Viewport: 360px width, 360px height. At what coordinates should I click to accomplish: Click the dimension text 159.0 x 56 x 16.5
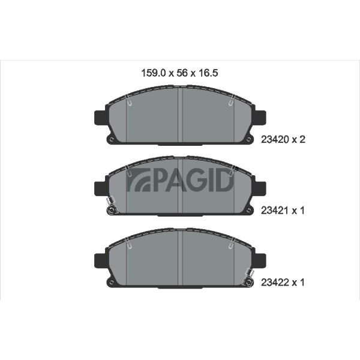tap(179, 73)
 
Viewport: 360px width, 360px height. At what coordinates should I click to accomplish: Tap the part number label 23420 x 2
tap(283, 139)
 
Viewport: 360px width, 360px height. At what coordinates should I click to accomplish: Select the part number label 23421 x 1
tap(283, 211)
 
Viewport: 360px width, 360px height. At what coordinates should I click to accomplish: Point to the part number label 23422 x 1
tap(283, 283)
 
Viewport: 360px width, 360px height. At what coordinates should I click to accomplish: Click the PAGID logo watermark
tap(180, 181)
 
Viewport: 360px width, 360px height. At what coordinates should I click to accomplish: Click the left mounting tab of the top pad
tap(100, 118)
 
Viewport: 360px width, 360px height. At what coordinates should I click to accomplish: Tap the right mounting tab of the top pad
tap(260, 118)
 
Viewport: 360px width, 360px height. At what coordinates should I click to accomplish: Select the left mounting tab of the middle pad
tap(100, 189)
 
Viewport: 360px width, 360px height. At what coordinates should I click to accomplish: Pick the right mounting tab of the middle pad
tap(260, 189)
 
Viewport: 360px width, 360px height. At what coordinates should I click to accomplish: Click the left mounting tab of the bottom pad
tap(100, 260)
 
